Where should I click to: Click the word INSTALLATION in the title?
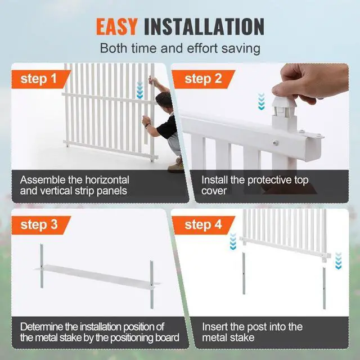(x=204, y=26)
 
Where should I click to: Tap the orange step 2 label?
(x=204, y=78)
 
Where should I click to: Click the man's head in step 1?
(x=164, y=102)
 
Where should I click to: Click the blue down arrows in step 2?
(x=260, y=101)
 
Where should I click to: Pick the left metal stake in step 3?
(x=42, y=270)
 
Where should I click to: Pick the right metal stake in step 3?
(x=151, y=284)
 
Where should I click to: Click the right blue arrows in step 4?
(x=338, y=260)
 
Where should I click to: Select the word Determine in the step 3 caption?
(x=44, y=327)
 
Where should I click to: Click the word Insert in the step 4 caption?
(x=215, y=327)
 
